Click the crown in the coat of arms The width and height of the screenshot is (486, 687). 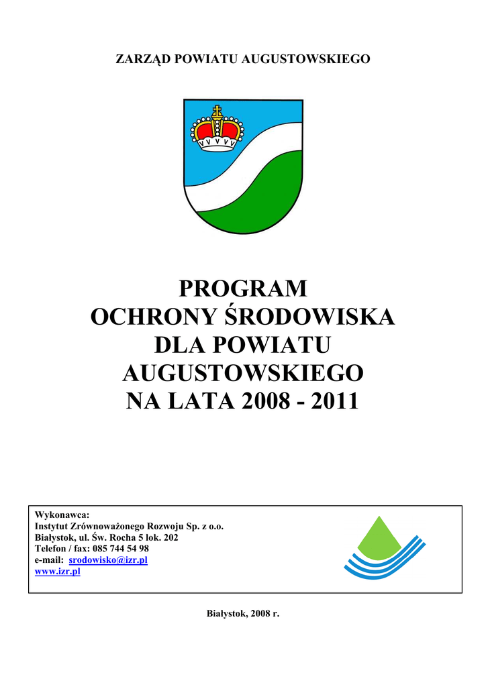tap(217, 131)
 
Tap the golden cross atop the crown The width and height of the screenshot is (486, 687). tap(217, 111)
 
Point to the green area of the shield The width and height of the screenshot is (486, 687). tap(262, 195)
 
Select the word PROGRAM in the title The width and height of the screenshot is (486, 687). tap(243, 288)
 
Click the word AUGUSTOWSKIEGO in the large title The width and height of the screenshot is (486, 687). tap(243, 373)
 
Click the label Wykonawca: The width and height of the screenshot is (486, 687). tap(62, 515)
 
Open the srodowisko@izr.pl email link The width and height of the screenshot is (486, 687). tap(108, 560)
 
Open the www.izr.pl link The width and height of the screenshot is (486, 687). tap(57, 571)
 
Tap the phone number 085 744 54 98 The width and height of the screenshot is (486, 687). tap(124, 548)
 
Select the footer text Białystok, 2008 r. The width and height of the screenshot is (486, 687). tap(242, 614)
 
